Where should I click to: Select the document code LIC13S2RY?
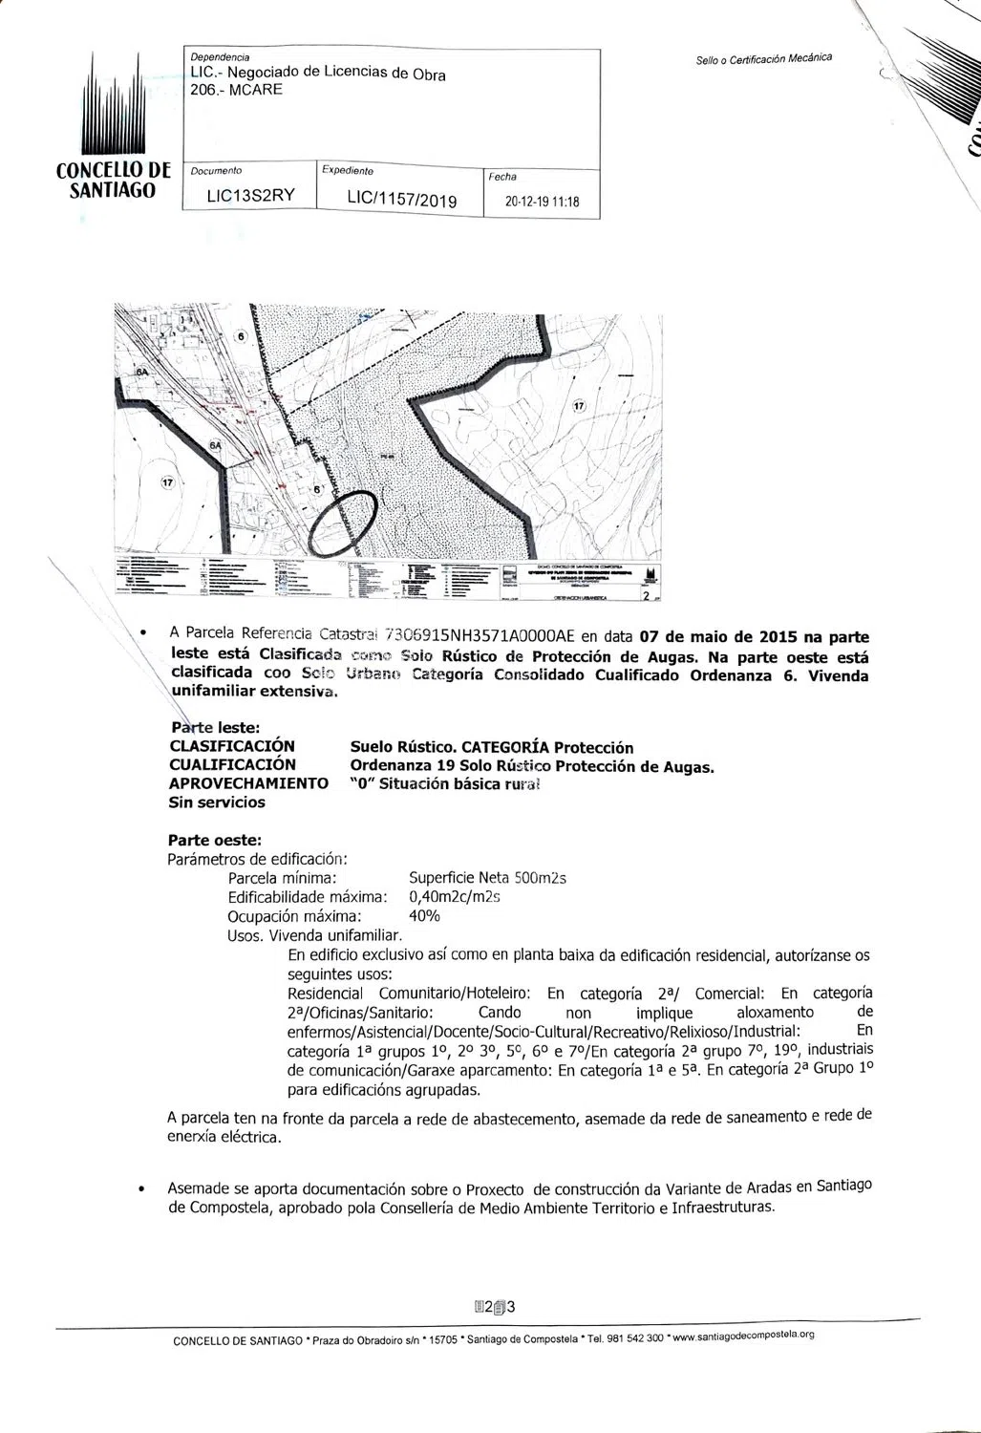251,196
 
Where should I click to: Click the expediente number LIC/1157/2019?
402,200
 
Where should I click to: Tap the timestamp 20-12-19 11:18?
542,203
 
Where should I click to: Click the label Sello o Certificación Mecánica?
763,59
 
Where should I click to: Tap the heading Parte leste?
215,728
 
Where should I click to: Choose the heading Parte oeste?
215,841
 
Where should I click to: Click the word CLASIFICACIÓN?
232,746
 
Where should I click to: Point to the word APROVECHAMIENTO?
248,783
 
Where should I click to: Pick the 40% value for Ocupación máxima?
424,916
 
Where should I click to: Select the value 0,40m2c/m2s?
455,897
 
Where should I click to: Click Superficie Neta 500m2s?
487,878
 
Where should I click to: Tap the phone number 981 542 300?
634,1337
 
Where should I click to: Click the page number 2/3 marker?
495,1307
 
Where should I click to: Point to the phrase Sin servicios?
217,802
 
